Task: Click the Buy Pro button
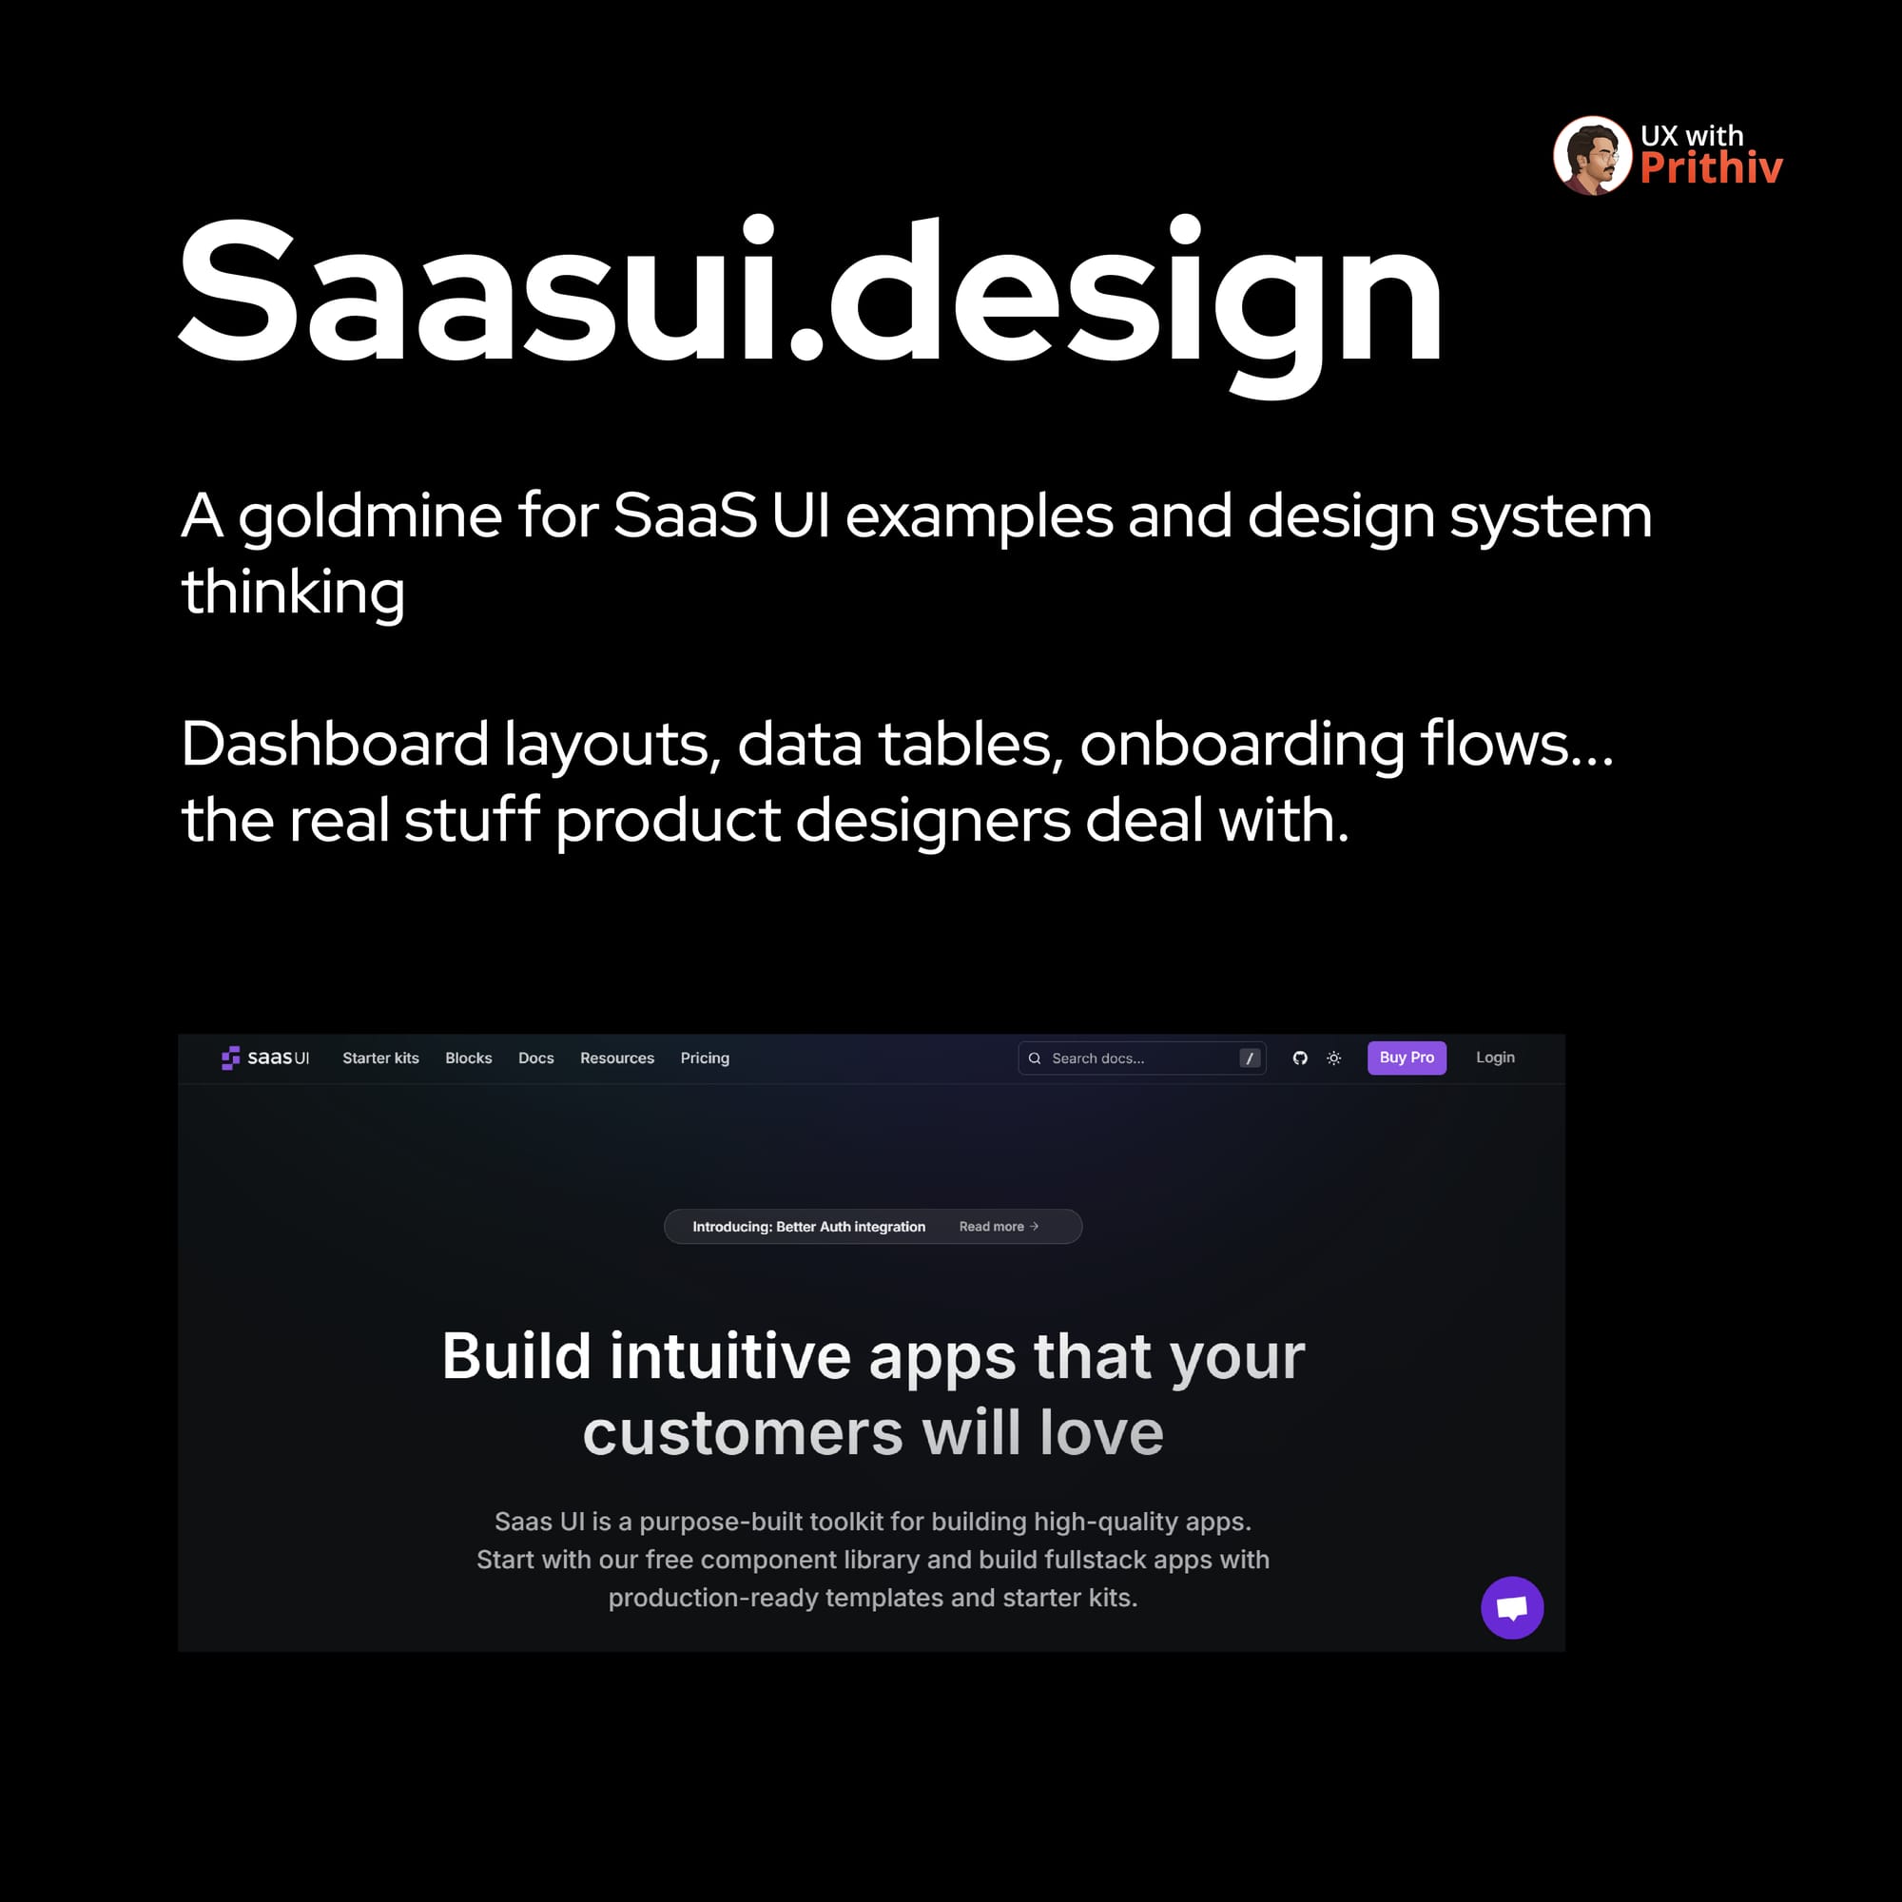point(1407,1058)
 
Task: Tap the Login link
point(1494,1058)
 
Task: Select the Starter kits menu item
point(381,1058)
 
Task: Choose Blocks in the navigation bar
point(469,1058)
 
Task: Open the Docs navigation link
point(536,1058)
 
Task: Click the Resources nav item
point(617,1058)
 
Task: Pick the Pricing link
point(705,1058)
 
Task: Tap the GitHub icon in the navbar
point(1300,1058)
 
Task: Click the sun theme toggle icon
point(1334,1058)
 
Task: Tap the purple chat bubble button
point(1512,1607)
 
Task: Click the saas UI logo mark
point(231,1058)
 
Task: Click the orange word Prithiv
point(1711,168)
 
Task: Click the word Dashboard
point(335,744)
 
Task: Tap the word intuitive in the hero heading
point(729,1357)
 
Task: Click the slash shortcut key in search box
point(1250,1058)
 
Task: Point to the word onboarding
point(1242,746)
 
